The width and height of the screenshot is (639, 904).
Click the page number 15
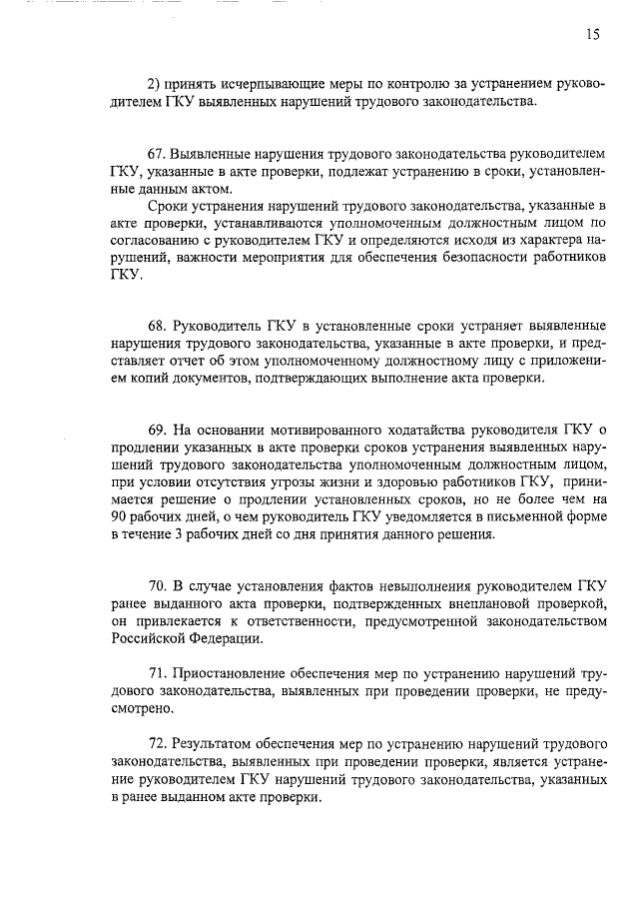[x=593, y=35]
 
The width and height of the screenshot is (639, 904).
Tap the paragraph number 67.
[x=156, y=157]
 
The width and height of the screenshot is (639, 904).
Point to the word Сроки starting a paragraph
[x=166, y=205]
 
